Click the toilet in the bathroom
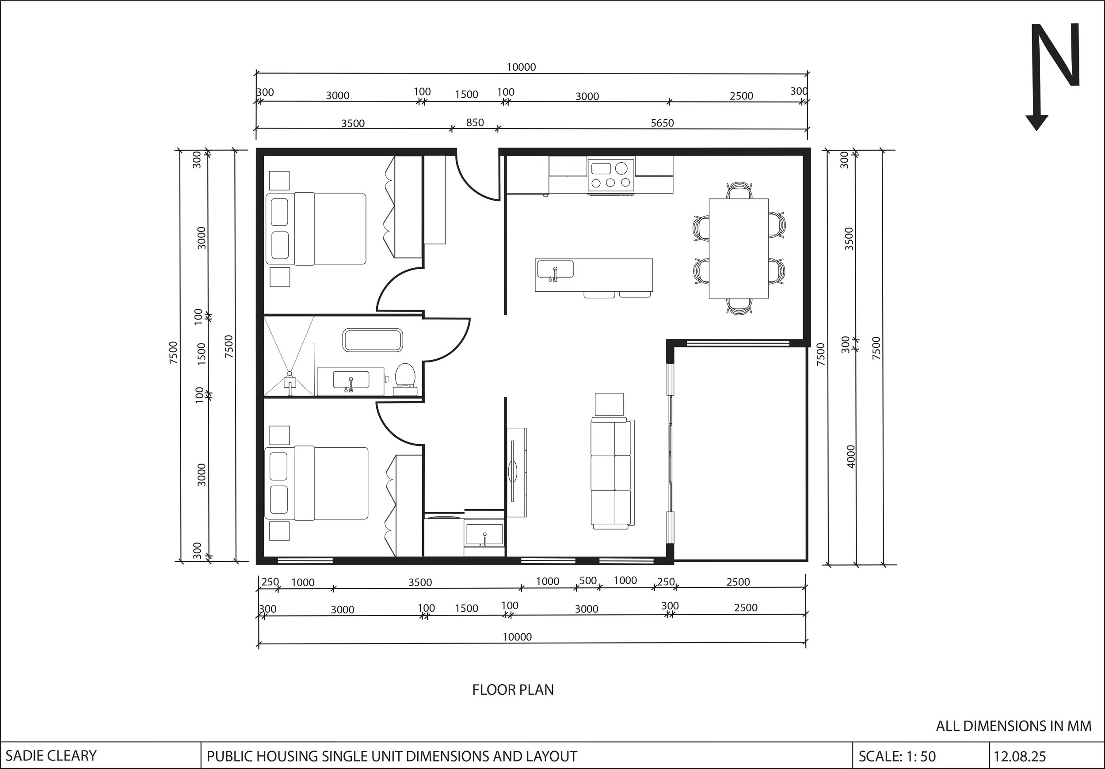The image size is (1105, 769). (405, 376)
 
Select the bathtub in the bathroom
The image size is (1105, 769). (373, 340)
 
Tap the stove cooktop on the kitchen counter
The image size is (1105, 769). (611, 175)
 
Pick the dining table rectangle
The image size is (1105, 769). (738, 248)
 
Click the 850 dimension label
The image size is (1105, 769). (475, 123)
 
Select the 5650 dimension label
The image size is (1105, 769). (662, 123)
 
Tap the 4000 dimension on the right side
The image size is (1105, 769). (851, 456)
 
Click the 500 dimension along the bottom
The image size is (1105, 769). (587, 581)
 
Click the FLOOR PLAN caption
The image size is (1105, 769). (513, 689)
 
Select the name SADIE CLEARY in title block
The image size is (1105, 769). (51, 756)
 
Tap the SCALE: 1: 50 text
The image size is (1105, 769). (897, 756)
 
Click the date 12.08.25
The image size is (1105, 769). (1020, 756)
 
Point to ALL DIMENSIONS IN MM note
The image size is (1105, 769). (1014, 726)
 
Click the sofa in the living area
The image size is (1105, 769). (611, 473)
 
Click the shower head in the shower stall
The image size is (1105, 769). (290, 374)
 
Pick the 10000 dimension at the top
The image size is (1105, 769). (521, 67)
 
